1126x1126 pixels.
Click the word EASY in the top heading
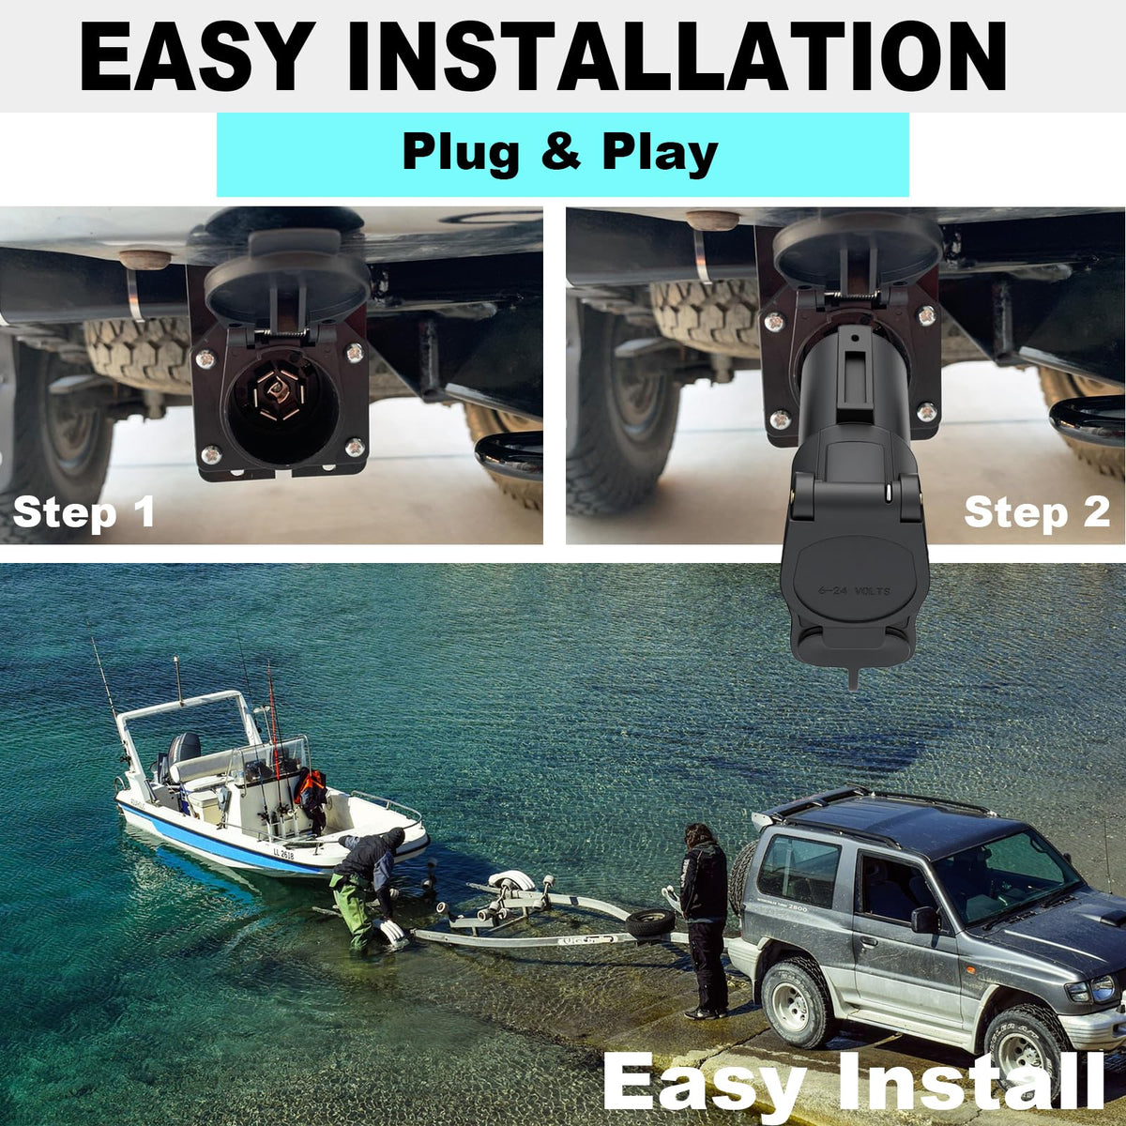pos(194,56)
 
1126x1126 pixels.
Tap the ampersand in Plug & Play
pos(561,153)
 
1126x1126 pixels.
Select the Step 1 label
pos(84,513)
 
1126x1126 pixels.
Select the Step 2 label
pos(1037,513)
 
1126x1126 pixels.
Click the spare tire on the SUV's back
pos(741,876)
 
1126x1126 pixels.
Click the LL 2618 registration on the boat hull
pos(283,854)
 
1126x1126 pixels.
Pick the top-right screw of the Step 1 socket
pos(354,353)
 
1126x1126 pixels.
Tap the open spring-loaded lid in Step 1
pos(286,280)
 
